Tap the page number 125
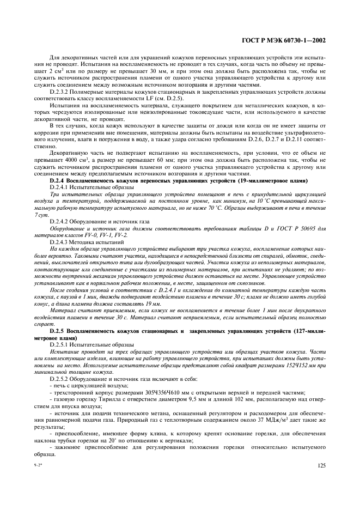(321, 466)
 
